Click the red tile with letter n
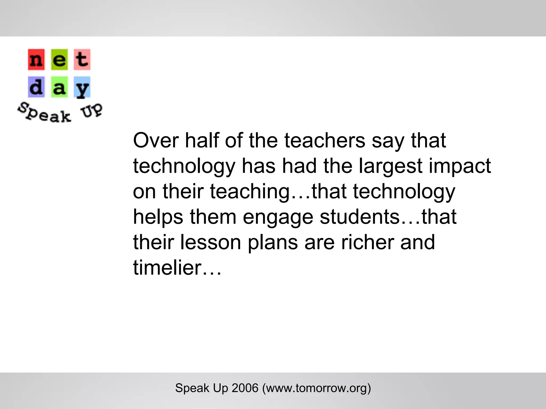point(36,60)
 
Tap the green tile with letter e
point(59,60)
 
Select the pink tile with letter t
point(82,60)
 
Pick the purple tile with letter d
point(36,87)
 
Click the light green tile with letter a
point(59,87)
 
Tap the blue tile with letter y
point(82,87)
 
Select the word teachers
point(324,140)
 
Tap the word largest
point(391,166)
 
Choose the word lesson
point(211,242)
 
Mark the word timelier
point(167,268)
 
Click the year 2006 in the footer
point(245,388)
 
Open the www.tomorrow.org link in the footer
point(316,388)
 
